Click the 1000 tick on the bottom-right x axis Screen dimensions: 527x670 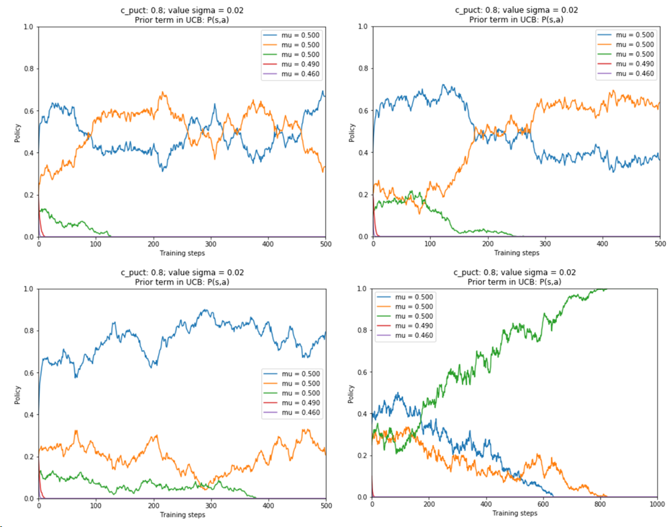(657, 505)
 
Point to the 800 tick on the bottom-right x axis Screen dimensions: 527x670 (600, 505)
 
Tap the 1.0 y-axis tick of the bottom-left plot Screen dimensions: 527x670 (28, 289)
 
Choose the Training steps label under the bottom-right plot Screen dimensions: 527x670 (515, 514)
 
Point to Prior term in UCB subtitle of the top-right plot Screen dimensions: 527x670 (516, 20)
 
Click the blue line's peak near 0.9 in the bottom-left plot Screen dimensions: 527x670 (203, 310)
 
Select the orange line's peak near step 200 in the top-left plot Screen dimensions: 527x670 (162, 93)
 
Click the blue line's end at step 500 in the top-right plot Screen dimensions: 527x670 (659, 159)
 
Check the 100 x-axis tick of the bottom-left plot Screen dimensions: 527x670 (96, 505)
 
